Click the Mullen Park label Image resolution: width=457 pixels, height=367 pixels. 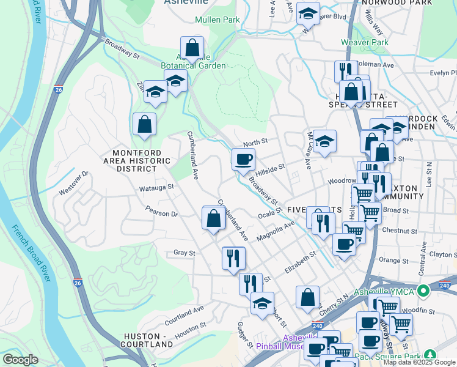point(217,20)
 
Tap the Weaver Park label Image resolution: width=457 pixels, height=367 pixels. point(365,43)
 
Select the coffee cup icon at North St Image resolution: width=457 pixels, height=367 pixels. point(243,160)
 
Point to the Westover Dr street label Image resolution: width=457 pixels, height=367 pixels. point(74,183)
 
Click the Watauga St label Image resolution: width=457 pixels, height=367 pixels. point(156,188)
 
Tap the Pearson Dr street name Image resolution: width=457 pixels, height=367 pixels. point(161,213)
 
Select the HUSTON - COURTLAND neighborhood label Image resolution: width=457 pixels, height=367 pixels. point(148,340)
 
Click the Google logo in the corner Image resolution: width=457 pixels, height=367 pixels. point(20,360)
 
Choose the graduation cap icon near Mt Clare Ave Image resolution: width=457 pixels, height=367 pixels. point(325,141)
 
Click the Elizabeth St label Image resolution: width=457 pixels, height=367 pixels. point(299,262)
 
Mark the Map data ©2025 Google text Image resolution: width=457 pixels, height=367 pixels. point(419,362)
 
